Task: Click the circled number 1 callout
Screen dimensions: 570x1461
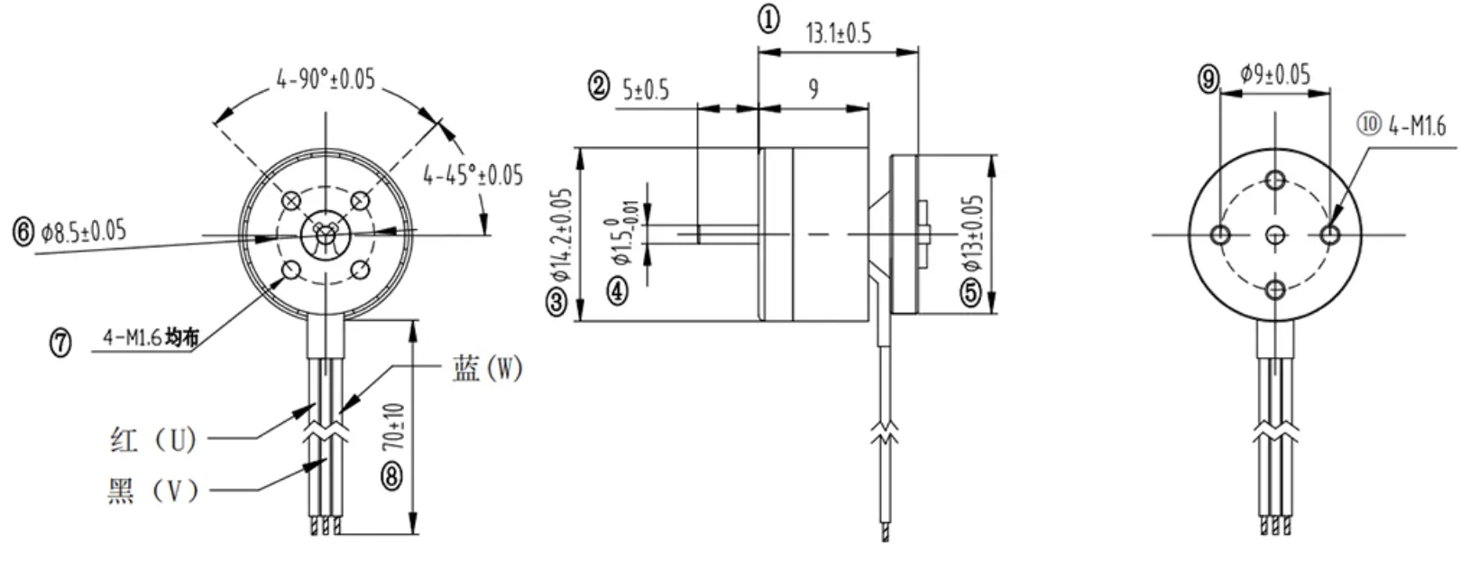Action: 768,19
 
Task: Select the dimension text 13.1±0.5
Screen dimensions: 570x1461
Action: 838,34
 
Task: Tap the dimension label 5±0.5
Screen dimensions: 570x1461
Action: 646,89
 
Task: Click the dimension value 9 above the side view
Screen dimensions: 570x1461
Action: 813,88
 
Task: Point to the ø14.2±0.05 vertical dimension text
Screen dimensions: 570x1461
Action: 561,233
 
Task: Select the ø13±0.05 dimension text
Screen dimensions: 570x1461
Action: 971,234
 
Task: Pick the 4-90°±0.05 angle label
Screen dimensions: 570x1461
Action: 326,79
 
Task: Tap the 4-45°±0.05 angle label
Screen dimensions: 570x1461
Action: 473,174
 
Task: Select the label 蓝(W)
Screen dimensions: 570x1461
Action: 487,369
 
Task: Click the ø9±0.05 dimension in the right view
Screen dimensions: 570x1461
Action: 1274,73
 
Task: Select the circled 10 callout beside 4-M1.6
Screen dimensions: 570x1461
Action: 1369,124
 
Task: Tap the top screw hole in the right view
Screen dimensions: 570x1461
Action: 1275,179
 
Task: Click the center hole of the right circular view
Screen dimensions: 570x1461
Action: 1275,235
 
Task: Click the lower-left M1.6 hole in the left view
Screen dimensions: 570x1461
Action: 291,270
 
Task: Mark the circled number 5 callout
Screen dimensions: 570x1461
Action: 970,292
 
